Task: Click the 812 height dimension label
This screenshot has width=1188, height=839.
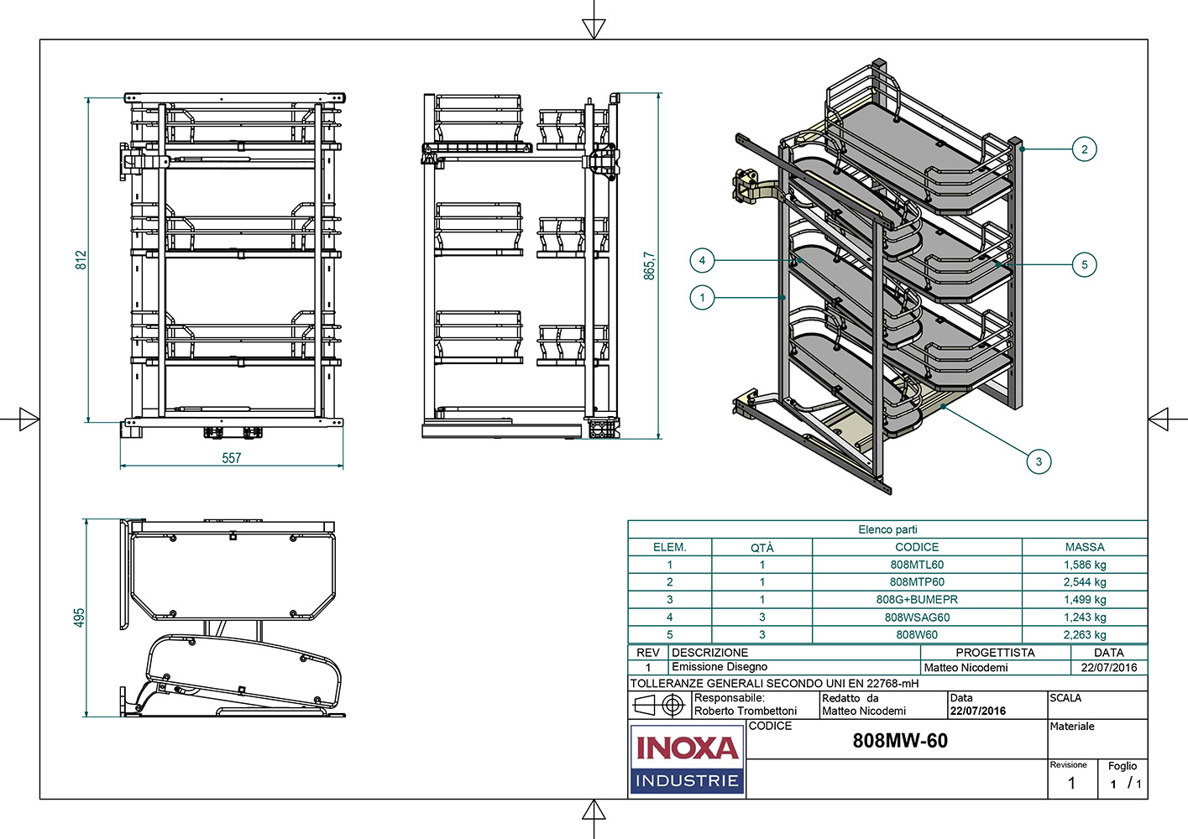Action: pos(81,260)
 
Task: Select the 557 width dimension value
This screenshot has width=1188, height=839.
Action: pos(232,458)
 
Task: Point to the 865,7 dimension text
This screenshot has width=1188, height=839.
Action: pos(649,265)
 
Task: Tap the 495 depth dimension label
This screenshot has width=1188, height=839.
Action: pos(79,618)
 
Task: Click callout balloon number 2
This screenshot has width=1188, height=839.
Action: pos(1084,149)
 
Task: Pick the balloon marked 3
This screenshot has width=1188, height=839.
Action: pos(1039,461)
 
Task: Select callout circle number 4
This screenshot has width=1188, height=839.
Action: pos(702,260)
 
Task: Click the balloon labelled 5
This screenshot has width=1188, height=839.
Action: pos(1084,265)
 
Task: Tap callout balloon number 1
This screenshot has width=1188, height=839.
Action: pos(702,297)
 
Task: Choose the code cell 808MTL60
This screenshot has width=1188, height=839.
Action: pos(917,565)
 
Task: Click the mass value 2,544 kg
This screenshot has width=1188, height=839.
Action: pos(1085,581)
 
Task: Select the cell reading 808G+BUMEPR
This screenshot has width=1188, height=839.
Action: pos(917,599)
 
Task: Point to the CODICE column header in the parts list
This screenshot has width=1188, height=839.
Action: pos(917,547)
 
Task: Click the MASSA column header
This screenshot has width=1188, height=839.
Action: pos(1085,547)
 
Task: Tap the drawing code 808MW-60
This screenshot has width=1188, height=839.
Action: pos(900,741)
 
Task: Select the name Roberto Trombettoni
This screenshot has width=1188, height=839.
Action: pos(746,711)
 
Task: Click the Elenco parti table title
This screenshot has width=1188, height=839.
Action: pos(887,529)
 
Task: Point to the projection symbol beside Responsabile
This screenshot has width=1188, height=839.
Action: pos(660,705)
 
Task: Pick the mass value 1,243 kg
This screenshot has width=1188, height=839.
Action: pos(1085,617)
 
